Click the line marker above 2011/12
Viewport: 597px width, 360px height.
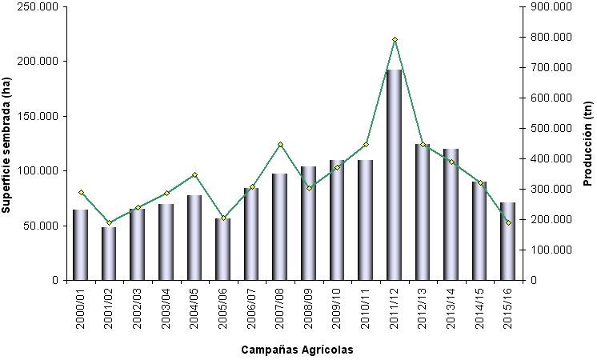click(x=395, y=39)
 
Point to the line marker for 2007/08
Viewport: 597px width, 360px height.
click(x=280, y=145)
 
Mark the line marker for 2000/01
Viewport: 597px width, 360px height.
click(x=81, y=192)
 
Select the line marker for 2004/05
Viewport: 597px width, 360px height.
click(x=194, y=175)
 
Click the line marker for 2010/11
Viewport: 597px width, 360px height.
click(x=366, y=145)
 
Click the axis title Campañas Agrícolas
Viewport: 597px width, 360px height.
click(x=297, y=350)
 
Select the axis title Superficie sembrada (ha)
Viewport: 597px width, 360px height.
click(x=7, y=144)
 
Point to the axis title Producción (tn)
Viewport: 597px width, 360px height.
click(x=587, y=144)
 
